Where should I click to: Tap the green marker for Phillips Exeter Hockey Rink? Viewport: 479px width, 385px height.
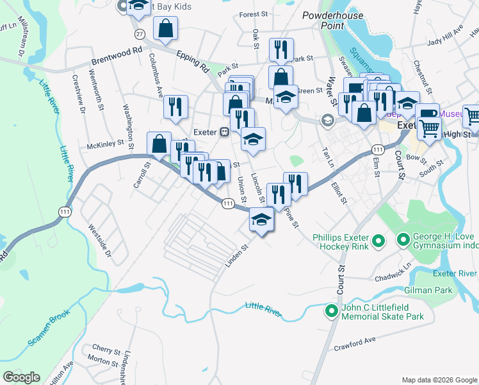click(378, 241)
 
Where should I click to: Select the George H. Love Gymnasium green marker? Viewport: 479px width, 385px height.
click(403, 241)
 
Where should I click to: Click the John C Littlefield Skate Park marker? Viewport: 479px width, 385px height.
click(331, 312)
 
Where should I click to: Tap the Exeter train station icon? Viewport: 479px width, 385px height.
click(225, 132)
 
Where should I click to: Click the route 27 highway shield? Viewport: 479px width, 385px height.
click(139, 33)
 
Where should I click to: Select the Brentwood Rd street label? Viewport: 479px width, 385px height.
click(116, 57)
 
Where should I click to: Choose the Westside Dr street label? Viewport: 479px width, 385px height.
click(99, 239)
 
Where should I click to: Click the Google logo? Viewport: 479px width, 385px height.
click(21, 377)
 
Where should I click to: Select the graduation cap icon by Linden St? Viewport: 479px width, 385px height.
click(261, 220)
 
